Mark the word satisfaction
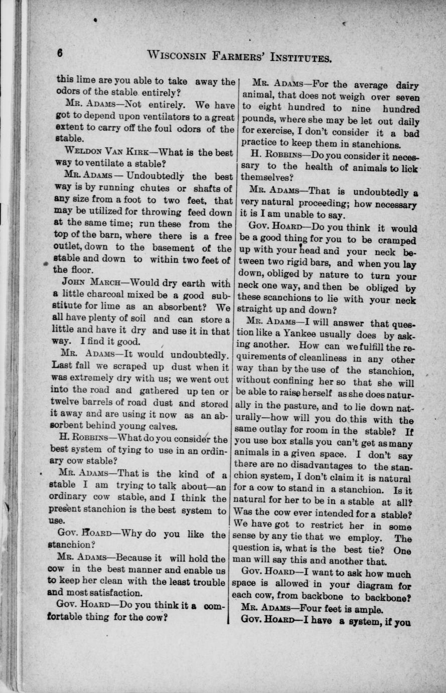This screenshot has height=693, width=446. pyautogui.click(x=107, y=593)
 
